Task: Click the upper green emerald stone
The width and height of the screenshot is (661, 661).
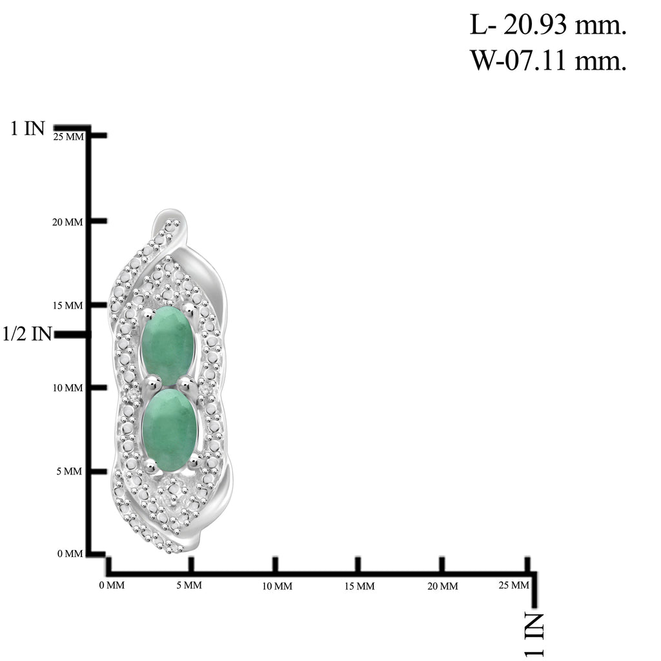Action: pyautogui.click(x=168, y=346)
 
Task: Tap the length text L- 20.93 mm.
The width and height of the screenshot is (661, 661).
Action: pyautogui.click(x=548, y=25)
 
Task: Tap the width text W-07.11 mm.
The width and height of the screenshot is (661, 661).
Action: pyautogui.click(x=548, y=60)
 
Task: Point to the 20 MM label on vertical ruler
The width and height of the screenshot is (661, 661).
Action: pyautogui.click(x=67, y=222)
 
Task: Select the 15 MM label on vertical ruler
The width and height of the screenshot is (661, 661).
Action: pyautogui.click(x=67, y=305)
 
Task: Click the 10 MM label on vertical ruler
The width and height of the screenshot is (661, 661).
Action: pyautogui.click(x=67, y=388)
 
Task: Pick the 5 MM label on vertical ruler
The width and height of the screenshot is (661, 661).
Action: pyautogui.click(x=69, y=471)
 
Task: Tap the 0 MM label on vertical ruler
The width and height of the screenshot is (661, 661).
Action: pyautogui.click(x=70, y=553)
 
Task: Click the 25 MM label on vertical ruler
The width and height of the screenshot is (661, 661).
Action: pyautogui.click(x=68, y=137)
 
